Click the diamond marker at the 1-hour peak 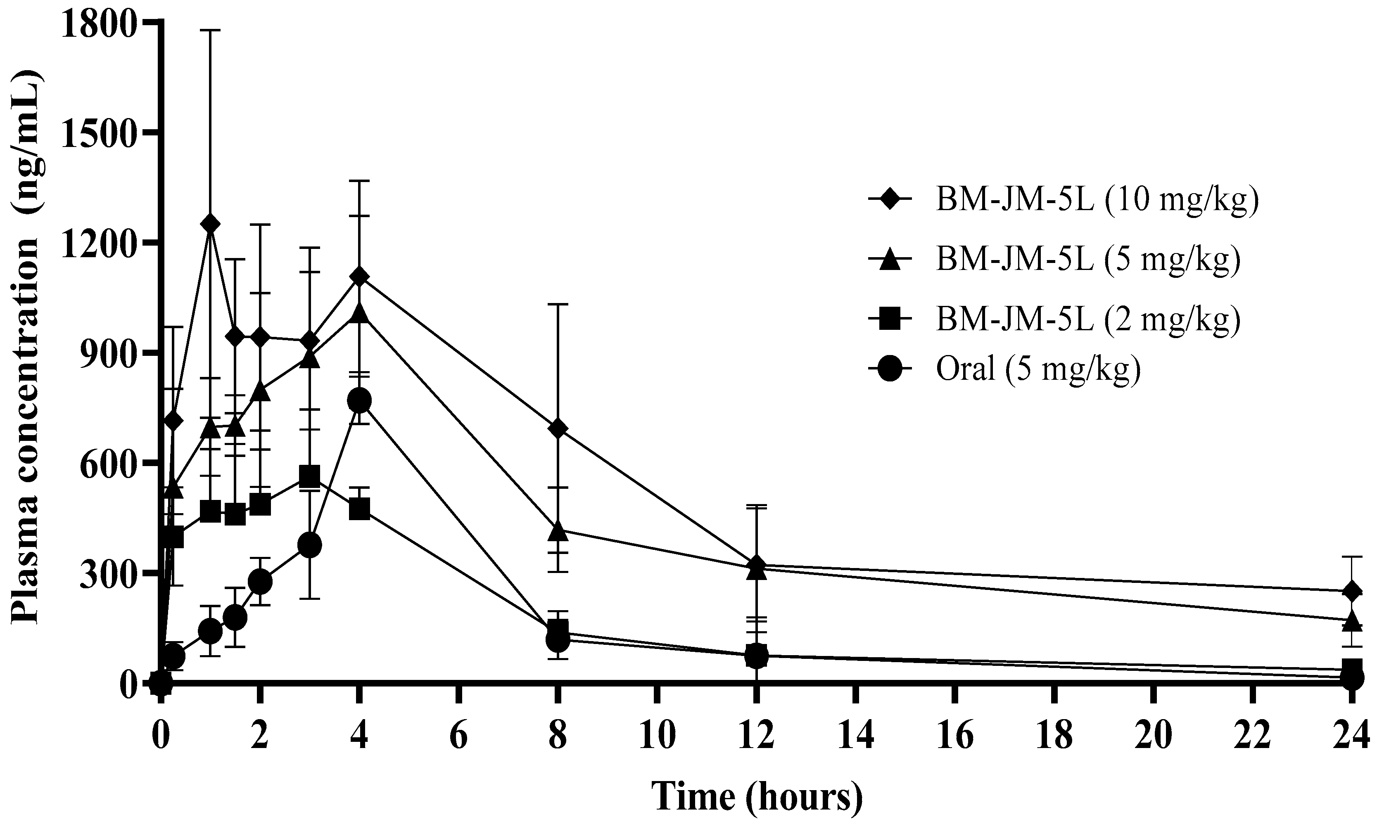pyautogui.click(x=210, y=224)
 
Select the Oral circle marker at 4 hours pyautogui.click(x=359, y=400)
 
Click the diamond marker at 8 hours pyautogui.click(x=558, y=429)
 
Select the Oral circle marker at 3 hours pyautogui.click(x=310, y=545)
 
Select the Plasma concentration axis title pyautogui.click(x=26, y=346)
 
